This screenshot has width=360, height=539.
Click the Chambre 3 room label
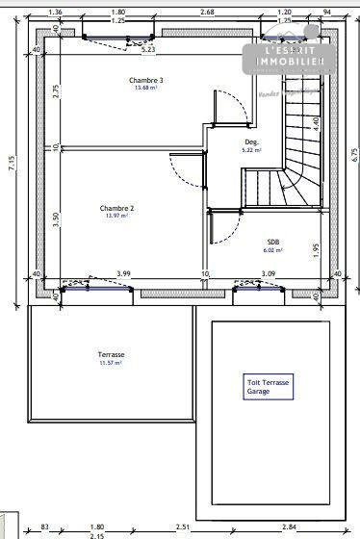tap(146, 80)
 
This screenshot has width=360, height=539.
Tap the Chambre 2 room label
tap(116, 208)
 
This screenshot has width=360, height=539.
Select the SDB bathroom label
tap(273, 242)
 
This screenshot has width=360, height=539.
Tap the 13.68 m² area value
tap(146, 89)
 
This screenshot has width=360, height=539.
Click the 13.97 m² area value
tap(116, 217)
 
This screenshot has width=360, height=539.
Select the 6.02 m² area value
tap(273, 250)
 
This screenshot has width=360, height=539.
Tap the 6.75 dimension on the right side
tap(354, 154)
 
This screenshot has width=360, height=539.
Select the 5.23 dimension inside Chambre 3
tap(148, 49)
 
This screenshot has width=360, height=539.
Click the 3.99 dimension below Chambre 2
tap(123, 274)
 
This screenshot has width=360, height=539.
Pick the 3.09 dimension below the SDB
tap(269, 274)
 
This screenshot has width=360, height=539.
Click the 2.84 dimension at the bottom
tap(289, 526)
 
